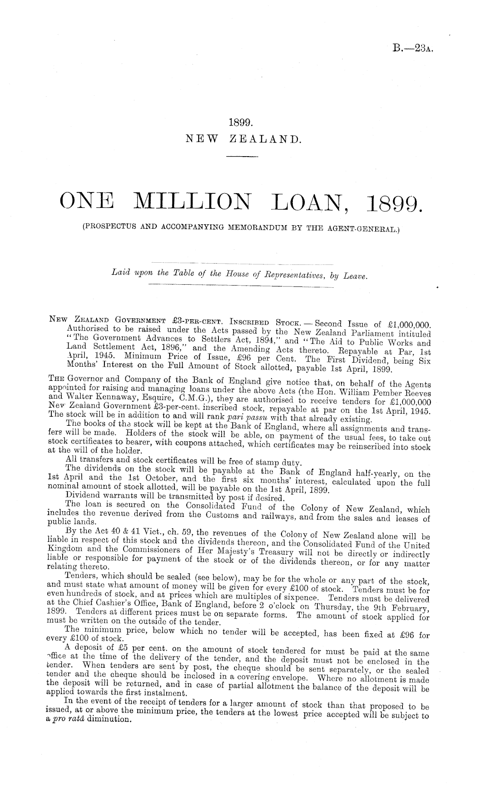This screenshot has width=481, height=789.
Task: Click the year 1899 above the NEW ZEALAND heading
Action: (240, 123)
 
